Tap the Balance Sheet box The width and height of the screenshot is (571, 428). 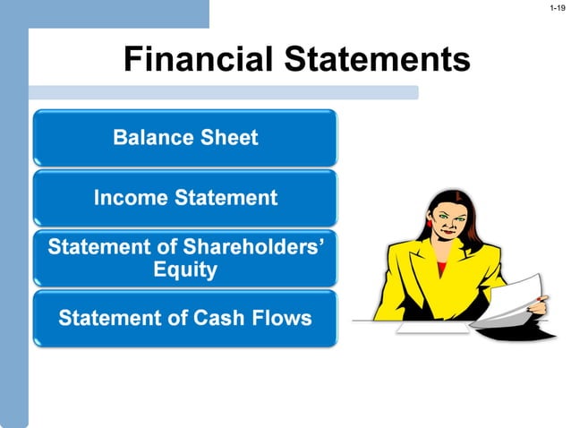(185, 138)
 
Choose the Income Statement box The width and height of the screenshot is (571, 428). (185, 198)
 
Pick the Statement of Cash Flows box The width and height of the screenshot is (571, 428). (185, 318)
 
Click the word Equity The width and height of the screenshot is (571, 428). (185, 270)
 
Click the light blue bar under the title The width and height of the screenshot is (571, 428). (224, 92)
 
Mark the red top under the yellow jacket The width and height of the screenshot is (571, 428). (442, 267)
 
